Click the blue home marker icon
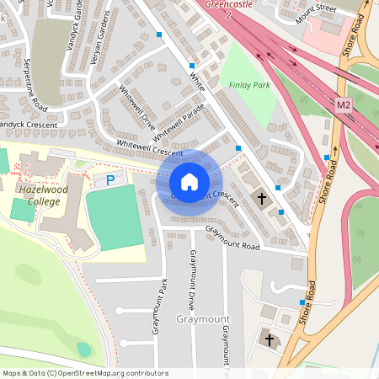189,182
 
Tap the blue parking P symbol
109,180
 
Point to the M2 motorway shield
343,105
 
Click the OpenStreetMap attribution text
85,373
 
